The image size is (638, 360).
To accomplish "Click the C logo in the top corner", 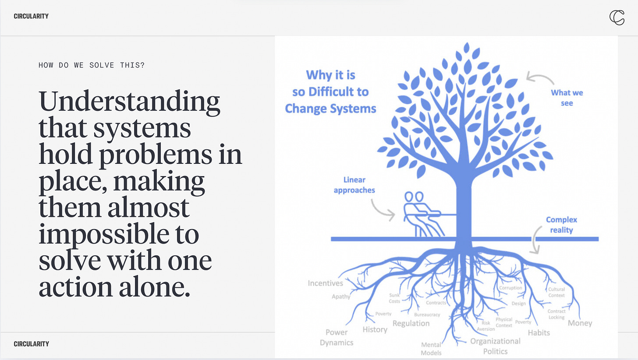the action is [617, 17].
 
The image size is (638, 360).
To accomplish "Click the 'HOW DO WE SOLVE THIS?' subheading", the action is [92, 65].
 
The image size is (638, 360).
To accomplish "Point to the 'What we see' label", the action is [567, 98].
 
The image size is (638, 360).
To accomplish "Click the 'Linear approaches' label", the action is [354, 185].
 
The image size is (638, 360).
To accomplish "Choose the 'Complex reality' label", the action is [561, 225].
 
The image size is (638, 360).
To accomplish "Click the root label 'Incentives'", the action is [325, 283].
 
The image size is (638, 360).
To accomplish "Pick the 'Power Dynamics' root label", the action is [337, 337].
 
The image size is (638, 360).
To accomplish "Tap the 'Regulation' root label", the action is [411, 323].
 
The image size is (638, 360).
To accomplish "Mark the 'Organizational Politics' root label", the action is [495, 346].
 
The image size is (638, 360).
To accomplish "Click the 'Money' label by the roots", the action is [580, 323].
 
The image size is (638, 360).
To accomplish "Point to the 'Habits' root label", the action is [539, 332].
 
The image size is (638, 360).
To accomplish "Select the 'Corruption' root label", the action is [510, 288].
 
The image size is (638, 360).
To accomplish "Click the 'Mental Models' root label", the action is [431, 349].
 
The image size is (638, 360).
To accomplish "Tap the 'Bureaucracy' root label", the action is [427, 314].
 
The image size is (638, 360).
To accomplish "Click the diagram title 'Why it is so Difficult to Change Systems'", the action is [331, 92].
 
